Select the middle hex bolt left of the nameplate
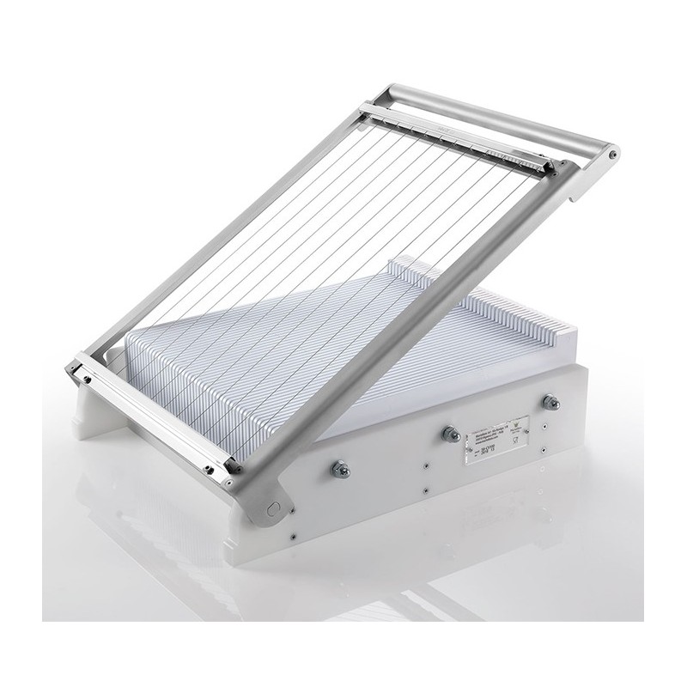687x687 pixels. click(x=447, y=435)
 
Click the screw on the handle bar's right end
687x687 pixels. click(x=612, y=155)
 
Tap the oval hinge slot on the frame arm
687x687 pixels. click(x=274, y=508)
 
